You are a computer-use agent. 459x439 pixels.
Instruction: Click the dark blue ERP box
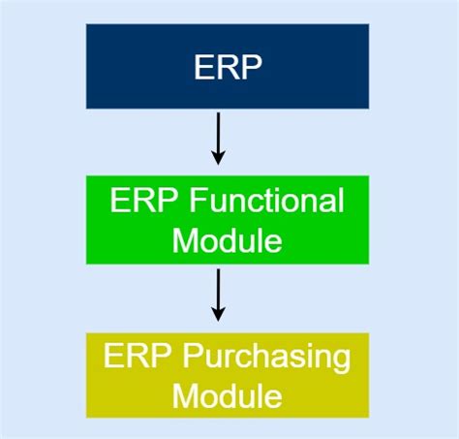pyautogui.click(x=228, y=66)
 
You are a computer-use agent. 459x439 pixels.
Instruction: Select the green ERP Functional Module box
pyautogui.click(x=228, y=219)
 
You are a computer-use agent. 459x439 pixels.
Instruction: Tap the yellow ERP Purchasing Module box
pyautogui.click(x=228, y=375)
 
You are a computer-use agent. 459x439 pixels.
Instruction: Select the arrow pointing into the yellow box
pyautogui.click(x=218, y=296)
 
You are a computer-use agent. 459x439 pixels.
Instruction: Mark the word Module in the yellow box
pyautogui.click(x=228, y=394)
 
